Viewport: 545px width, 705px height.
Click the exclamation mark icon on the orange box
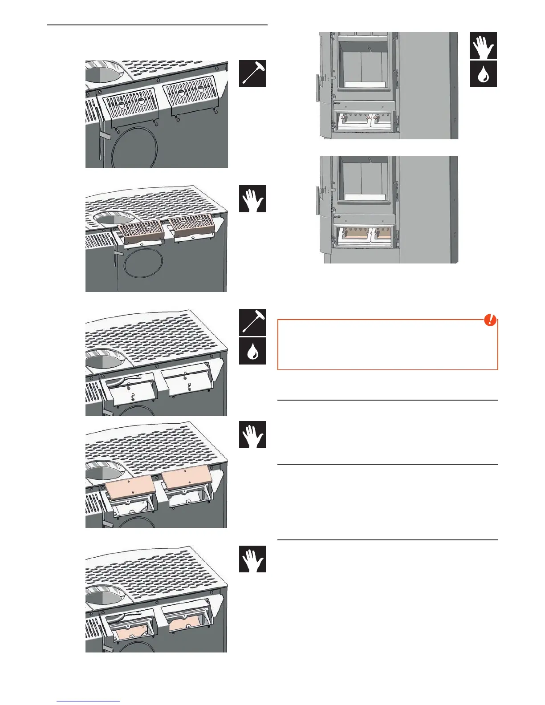point(490,320)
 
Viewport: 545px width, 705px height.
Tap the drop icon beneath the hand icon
point(483,74)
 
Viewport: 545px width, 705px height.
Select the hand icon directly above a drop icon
point(483,45)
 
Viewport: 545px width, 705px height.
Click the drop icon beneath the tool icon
point(252,351)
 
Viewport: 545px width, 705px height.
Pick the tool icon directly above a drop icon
point(252,322)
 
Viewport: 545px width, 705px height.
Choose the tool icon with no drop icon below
point(252,73)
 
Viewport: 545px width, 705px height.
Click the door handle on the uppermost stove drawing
point(319,83)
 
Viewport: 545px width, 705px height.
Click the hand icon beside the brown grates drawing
point(252,199)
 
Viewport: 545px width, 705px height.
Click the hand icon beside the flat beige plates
point(252,434)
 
